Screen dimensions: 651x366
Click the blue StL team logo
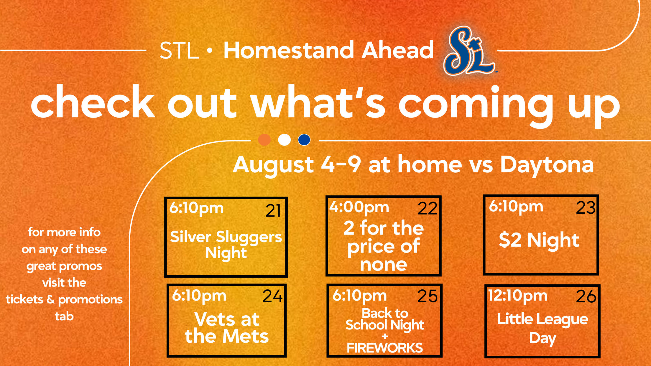point(469,51)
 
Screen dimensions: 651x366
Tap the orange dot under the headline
point(264,140)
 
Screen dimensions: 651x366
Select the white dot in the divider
point(284,140)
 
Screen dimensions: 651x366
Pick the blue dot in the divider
point(304,140)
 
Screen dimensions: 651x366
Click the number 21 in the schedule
point(273,211)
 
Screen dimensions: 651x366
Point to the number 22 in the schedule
point(427,209)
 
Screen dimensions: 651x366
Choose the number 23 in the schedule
point(586,208)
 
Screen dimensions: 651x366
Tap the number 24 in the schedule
point(272,296)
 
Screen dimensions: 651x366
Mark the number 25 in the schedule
point(427,296)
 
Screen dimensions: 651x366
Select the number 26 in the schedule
point(586,296)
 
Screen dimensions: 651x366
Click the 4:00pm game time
point(359,207)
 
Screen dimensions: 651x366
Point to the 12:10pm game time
point(518,296)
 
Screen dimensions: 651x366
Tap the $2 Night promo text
point(539,240)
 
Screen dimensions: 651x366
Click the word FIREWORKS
point(384,348)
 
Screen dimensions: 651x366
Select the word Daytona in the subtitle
point(547,165)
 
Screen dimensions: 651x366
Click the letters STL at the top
point(179,51)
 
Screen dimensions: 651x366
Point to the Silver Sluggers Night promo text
point(226,245)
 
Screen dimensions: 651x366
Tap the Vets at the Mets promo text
point(226,328)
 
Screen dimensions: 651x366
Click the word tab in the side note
point(64,316)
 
